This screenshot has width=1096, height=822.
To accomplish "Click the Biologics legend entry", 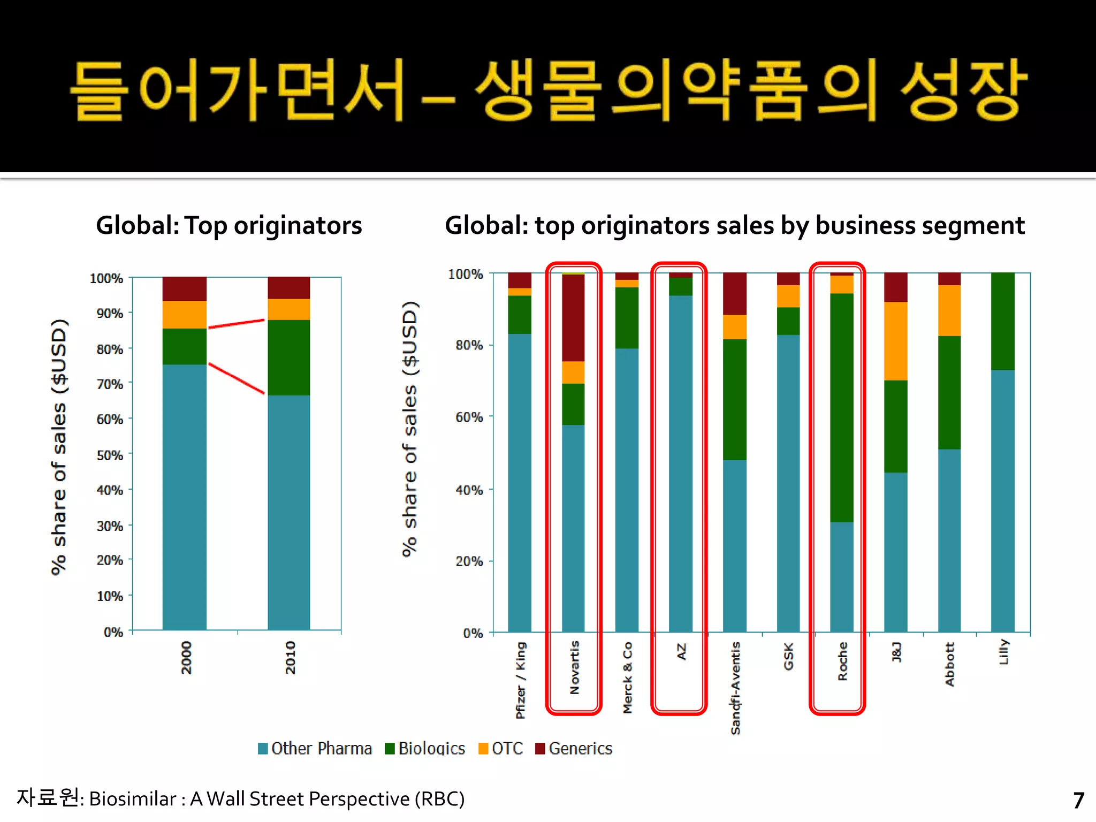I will (x=425, y=748).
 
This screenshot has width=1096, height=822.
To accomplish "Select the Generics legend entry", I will (x=574, y=748).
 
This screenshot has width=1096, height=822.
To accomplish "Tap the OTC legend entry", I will (x=501, y=748).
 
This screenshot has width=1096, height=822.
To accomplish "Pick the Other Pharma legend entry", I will (x=315, y=748).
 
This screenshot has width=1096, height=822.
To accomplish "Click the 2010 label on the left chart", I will (x=290, y=657).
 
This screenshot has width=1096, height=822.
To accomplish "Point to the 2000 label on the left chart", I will (x=186, y=657).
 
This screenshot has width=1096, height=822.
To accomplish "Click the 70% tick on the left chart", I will (x=110, y=384).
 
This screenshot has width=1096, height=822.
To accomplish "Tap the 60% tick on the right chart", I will (x=469, y=417).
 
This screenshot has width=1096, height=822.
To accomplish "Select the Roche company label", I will (x=843, y=661).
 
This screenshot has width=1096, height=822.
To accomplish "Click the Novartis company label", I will (x=574, y=667).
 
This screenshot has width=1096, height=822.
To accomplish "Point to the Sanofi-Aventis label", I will (x=735, y=688).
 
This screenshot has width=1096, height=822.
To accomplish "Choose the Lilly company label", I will (x=1003, y=652).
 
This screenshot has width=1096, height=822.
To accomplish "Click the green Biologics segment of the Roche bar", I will (x=842, y=407).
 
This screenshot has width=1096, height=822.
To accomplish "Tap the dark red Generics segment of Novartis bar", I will (x=573, y=317).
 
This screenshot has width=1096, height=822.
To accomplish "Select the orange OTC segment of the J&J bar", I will (x=895, y=341).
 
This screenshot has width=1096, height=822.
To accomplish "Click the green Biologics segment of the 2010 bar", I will (x=289, y=357).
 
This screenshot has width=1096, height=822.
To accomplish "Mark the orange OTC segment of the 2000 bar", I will (x=185, y=315).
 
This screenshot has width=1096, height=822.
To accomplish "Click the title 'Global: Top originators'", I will (x=229, y=225).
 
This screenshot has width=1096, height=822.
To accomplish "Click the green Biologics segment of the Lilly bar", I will (x=1003, y=321).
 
